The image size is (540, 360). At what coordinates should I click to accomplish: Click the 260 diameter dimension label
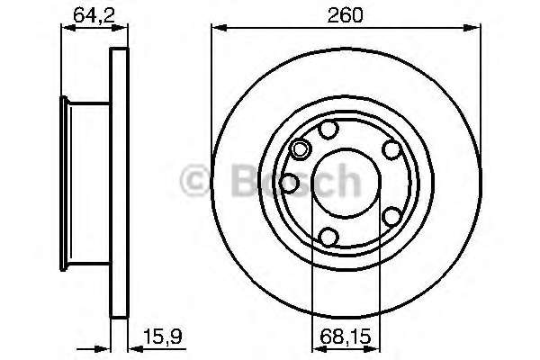tap(345, 15)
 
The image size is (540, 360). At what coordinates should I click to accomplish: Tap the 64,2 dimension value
tap(94, 15)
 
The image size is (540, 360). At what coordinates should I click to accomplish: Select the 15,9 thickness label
tap(162, 337)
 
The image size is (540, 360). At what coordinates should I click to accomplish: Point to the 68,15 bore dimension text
tap(346, 337)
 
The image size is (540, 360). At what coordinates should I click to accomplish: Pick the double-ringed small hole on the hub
tap(300, 149)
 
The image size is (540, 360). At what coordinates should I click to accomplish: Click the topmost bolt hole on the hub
tap(328, 130)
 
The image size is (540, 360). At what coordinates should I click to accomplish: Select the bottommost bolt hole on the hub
tap(328, 237)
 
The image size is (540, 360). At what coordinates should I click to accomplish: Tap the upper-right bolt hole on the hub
tap(391, 150)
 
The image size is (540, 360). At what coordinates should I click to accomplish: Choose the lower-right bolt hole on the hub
tap(391, 217)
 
